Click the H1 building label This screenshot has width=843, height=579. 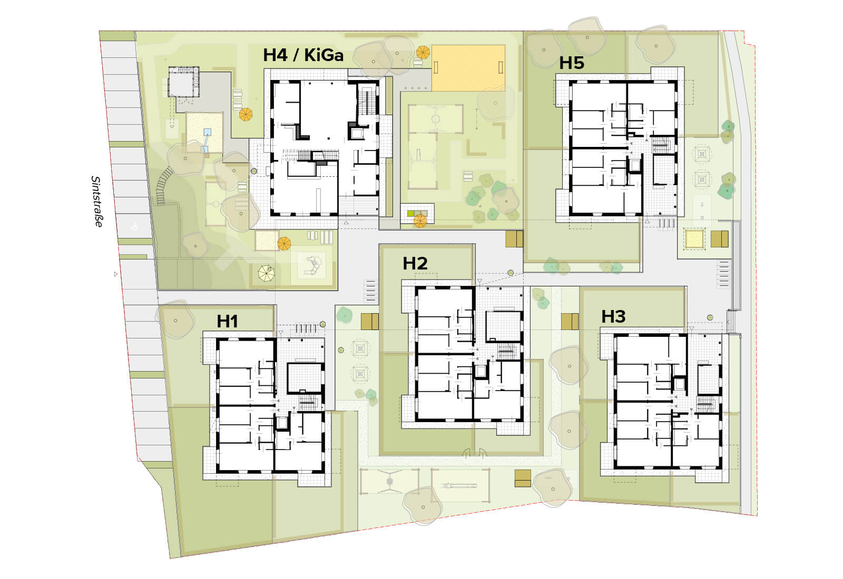coord(227,322)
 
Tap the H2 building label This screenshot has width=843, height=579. coord(415,264)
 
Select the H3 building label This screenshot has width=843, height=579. coord(613,316)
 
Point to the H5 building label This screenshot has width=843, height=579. coord(572,63)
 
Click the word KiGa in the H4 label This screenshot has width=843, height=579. coord(324,55)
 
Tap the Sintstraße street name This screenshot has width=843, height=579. coord(97,202)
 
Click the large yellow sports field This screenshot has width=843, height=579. coord(468,68)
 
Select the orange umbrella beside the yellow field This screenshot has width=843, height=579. coord(423,52)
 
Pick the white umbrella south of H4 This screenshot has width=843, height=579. coord(266,273)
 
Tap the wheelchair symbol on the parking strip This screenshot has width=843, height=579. coord(134,226)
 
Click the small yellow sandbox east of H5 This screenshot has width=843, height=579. coord(694,239)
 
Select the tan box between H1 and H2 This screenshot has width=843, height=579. coord(369,322)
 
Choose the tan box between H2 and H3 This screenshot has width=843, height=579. coord(570,322)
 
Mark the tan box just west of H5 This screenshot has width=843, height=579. coord(514,239)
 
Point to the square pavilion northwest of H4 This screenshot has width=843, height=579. coord(183,82)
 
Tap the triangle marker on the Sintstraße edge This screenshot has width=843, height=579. coord(116,274)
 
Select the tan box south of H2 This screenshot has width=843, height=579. coord(523,478)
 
